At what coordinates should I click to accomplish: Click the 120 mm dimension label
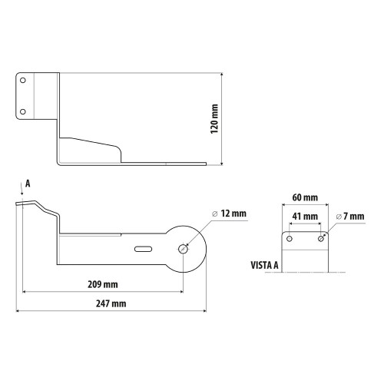click(214, 119)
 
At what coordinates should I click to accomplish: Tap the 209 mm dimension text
click(103, 284)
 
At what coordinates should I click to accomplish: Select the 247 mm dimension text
click(111, 303)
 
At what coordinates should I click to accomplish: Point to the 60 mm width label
click(305, 197)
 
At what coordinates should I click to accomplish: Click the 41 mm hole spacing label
click(305, 217)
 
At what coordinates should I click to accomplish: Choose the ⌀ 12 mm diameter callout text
click(230, 214)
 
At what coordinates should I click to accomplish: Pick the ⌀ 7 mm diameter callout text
click(350, 217)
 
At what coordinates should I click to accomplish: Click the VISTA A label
click(264, 265)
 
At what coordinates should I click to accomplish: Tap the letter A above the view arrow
click(28, 184)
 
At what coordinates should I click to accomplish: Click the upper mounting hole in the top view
click(23, 81)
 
